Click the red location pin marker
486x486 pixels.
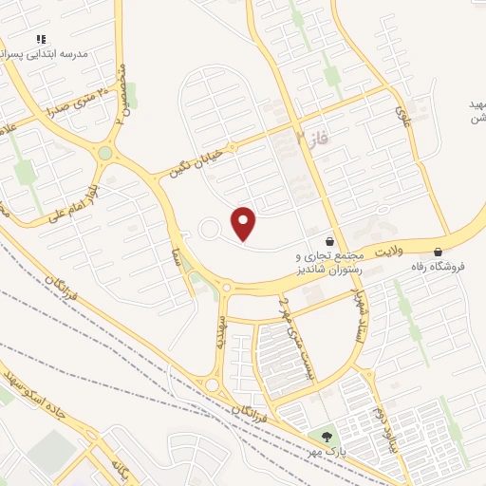(244, 223)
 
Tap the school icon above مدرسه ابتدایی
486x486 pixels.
(41, 39)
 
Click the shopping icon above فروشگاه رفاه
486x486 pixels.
(438, 252)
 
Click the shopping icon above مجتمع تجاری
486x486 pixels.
(329, 242)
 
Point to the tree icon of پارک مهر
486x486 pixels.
(327, 438)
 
